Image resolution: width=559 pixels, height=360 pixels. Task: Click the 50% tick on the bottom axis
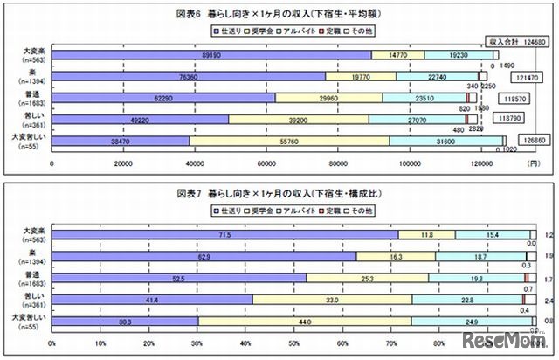293,343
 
